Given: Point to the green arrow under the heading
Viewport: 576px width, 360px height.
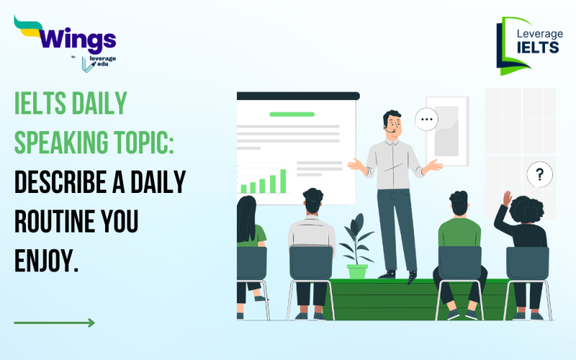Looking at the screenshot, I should [54, 323].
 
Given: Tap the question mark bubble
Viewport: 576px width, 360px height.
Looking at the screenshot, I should [539, 174].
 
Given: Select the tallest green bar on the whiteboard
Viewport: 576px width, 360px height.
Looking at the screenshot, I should [283, 181].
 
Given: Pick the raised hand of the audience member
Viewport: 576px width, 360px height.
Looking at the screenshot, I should [508, 198].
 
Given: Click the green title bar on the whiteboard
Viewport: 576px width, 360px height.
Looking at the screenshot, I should [291, 114].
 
